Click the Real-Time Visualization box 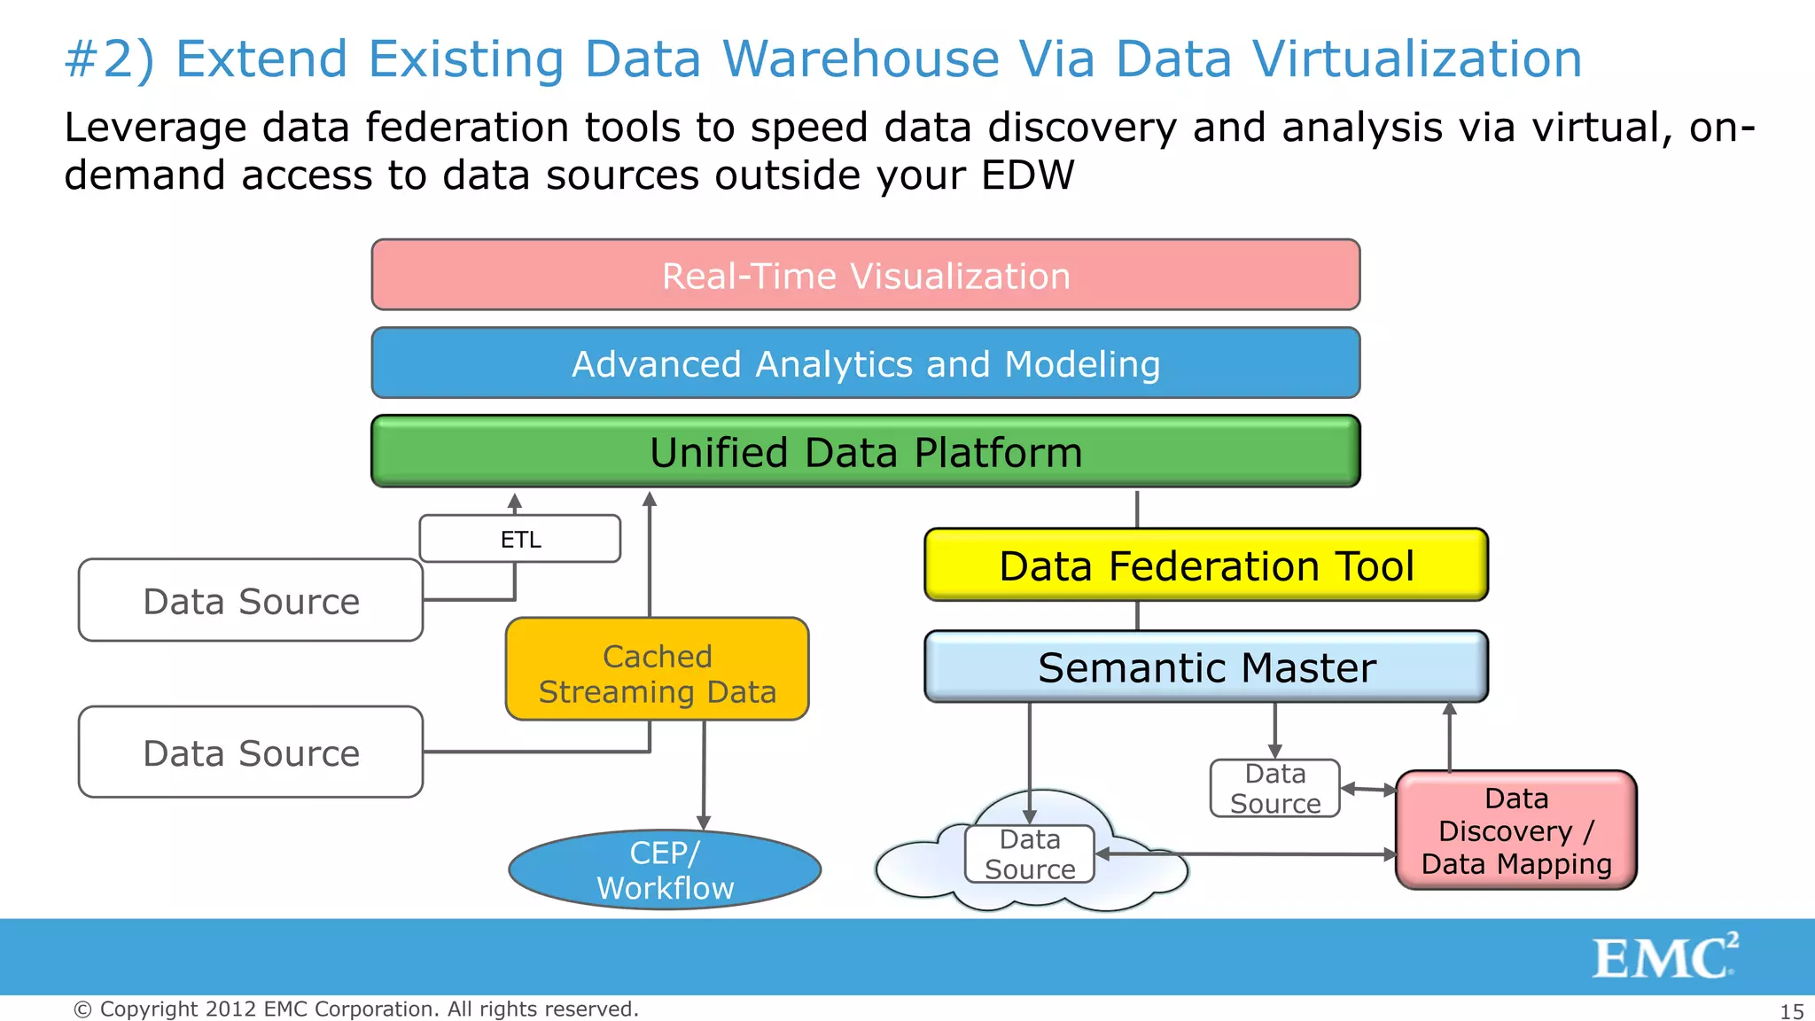click(865, 275)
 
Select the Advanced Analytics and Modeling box click(865, 363)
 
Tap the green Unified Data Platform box click(865, 452)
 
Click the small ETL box click(520, 539)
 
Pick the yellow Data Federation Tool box click(1205, 565)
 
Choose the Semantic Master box click(1205, 667)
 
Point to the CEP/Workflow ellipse click(665, 869)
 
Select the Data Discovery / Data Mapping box click(1515, 830)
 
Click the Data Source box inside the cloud click(1029, 854)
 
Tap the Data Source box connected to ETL click(251, 601)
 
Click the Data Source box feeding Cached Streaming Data click(251, 752)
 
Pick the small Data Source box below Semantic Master click(1274, 788)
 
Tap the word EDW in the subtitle click(1027, 175)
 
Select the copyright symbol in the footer click(82, 1009)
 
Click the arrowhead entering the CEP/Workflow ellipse click(704, 823)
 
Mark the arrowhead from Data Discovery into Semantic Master click(1450, 709)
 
